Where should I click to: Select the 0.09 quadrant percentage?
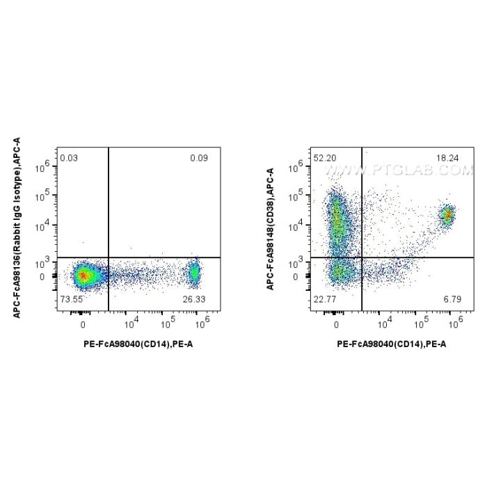pos(199,159)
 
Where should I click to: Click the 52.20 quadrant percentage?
pos(325,159)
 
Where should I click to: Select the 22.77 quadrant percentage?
pos(325,298)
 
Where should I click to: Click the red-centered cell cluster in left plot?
pos(83,276)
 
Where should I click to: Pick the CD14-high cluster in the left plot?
pos(194,274)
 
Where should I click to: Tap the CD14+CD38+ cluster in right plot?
pos(447,216)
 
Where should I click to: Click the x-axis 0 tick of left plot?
pos(83,325)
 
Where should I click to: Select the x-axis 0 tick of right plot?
pos(337,325)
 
